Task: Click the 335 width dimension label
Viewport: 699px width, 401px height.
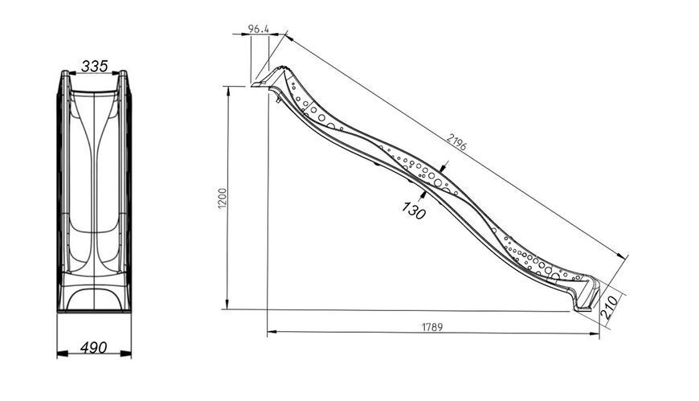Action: click(95, 67)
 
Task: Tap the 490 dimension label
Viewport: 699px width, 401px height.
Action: click(94, 347)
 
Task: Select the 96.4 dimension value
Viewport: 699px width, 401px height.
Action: click(259, 29)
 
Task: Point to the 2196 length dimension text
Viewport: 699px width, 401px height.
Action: click(456, 142)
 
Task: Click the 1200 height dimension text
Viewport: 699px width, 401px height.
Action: click(223, 197)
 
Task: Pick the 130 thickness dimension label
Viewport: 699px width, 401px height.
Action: click(414, 210)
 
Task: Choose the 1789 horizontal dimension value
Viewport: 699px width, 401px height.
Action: click(432, 327)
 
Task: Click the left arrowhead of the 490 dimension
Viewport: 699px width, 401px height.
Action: click(63, 354)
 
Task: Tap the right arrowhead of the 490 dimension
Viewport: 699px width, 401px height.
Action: click(126, 354)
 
